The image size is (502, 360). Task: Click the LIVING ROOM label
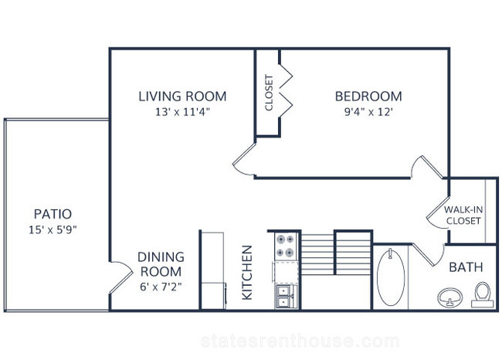coord(182,97)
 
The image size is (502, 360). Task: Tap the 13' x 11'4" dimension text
coord(182,112)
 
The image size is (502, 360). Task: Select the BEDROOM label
coord(368,97)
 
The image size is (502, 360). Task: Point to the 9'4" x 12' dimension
coord(368,112)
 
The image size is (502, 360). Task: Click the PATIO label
coord(53,214)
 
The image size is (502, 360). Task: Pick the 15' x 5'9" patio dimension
coord(53,229)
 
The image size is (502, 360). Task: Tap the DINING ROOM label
coord(161,264)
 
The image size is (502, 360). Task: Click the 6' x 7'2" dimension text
coord(161,287)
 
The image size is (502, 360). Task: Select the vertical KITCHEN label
coord(247,273)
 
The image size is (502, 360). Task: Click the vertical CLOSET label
coord(269,93)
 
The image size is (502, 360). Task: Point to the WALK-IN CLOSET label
coord(463,216)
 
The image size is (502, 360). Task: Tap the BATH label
coord(466,267)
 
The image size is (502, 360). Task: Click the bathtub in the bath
coord(391,277)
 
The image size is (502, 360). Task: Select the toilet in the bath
coord(483,295)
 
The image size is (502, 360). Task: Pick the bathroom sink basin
coord(450,298)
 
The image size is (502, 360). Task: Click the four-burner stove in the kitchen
coord(286,246)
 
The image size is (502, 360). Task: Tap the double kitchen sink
coord(284,297)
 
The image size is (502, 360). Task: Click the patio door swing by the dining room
coord(121,277)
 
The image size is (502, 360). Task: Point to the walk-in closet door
coord(438,212)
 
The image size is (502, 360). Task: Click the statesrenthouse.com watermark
coord(300,341)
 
